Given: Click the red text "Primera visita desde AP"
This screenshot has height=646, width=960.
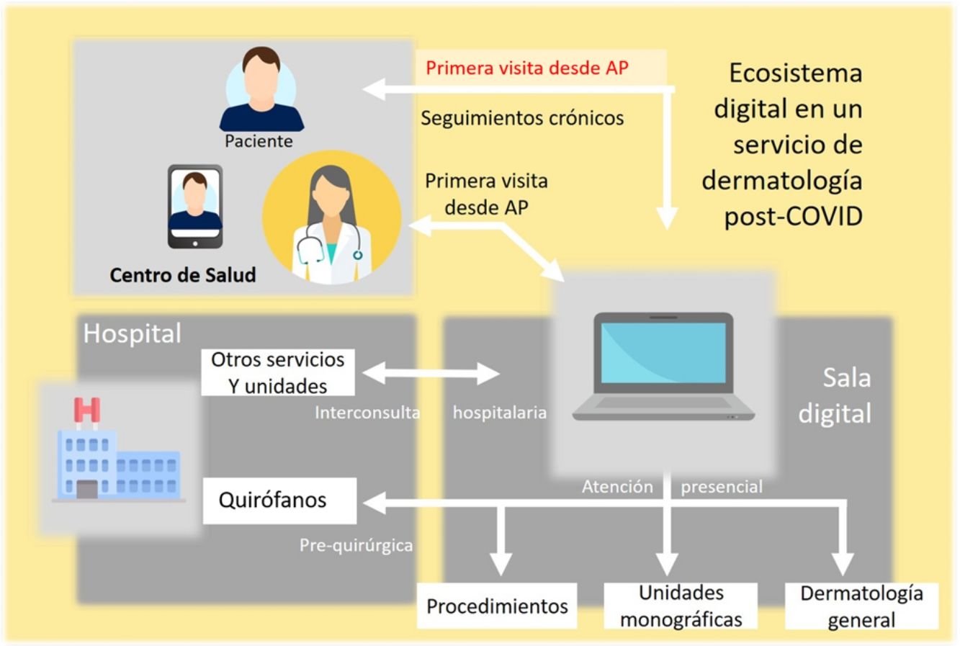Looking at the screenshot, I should click(x=526, y=68).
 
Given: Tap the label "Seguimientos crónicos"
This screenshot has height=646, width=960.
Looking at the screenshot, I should click(x=522, y=118).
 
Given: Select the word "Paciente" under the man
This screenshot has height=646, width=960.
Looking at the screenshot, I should click(x=259, y=141).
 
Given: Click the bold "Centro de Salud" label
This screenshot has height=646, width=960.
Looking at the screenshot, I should click(x=183, y=274).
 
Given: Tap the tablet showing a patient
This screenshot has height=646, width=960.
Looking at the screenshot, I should click(x=195, y=206).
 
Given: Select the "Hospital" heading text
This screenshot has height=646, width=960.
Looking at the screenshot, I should click(x=133, y=334).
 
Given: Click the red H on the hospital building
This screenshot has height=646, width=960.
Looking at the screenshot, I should click(x=87, y=410).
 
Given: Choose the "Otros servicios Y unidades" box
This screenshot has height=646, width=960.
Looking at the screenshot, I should click(x=278, y=372).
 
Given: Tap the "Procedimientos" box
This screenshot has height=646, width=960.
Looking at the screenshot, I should click(x=497, y=606).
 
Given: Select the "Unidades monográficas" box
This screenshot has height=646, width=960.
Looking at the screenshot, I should click(x=681, y=606).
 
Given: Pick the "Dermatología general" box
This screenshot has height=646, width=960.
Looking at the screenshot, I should click(x=861, y=606).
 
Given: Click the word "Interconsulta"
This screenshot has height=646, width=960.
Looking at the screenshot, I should click(x=367, y=413).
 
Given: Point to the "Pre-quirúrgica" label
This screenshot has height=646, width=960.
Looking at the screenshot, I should click(x=356, y=545).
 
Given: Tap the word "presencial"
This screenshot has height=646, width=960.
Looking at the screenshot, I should click(x=722, y=488).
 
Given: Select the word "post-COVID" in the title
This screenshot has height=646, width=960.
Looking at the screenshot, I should click(x=793, y=216).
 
